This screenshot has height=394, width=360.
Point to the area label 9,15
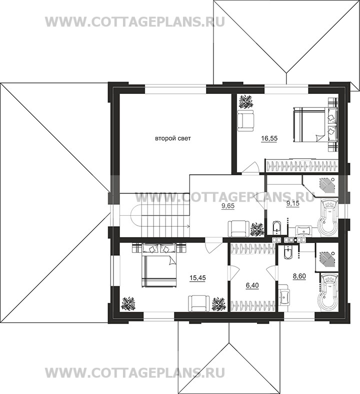coord(293,203)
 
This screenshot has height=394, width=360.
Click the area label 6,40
coord(252,286)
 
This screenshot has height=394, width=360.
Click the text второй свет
coord(172,138)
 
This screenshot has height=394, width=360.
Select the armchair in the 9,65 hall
coord(238,228)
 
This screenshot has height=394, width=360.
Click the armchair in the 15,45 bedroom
coord(198,303)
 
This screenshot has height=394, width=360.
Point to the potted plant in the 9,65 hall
coord(257,229)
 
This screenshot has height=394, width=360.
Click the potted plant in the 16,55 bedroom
coord(245,101)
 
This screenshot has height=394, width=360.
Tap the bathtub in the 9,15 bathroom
coord(328,216)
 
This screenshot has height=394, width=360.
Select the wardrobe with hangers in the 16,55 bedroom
coord(301,166)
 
